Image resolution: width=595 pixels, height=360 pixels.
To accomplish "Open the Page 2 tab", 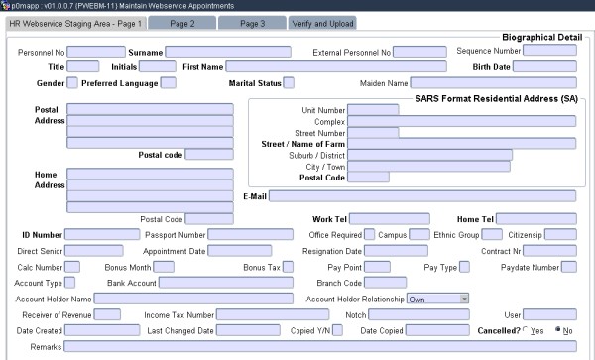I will click(181, 22).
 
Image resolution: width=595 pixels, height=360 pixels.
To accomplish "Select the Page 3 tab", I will click(251, 22).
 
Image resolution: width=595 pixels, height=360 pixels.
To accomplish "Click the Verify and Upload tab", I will click(322, 22).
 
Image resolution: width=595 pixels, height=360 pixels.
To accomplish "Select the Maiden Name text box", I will click(493, 83).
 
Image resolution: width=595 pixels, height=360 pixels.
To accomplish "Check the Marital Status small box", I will click(289, 83).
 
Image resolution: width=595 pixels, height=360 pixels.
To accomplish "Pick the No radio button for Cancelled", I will click(558, 330).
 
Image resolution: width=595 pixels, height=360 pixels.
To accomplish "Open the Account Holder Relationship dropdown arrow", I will click(464, 298).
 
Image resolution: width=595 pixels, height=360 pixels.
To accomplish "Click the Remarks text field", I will click(318, 346).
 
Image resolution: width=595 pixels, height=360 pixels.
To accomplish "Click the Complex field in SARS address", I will click(462, 121).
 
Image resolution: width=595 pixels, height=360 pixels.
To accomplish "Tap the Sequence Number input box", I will click(549, 50).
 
